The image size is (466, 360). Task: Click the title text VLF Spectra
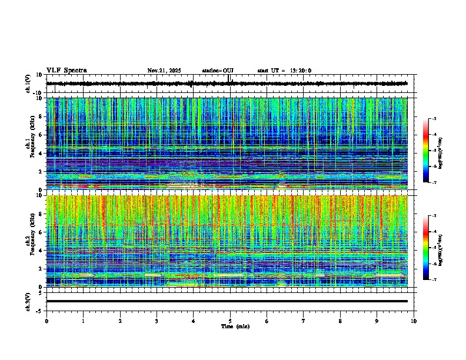click(66, 71)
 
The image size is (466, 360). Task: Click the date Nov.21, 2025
click(164, 71)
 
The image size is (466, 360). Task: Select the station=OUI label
click(218, 71)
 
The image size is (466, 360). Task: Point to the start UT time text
click(284, 71)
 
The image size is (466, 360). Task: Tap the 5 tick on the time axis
click(230, 321)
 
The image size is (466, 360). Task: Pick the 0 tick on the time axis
click(46, 321)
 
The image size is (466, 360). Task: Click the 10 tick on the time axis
click(414, 321)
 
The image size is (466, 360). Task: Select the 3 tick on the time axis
click(157, 321)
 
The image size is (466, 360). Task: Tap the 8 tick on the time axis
click(340, 321)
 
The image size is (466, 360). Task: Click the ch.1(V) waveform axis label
click(28, 84)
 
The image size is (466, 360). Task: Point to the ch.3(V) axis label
click(28, 301)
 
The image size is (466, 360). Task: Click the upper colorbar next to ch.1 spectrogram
click(430, 151)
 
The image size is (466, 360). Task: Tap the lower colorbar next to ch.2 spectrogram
click(430, 248)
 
